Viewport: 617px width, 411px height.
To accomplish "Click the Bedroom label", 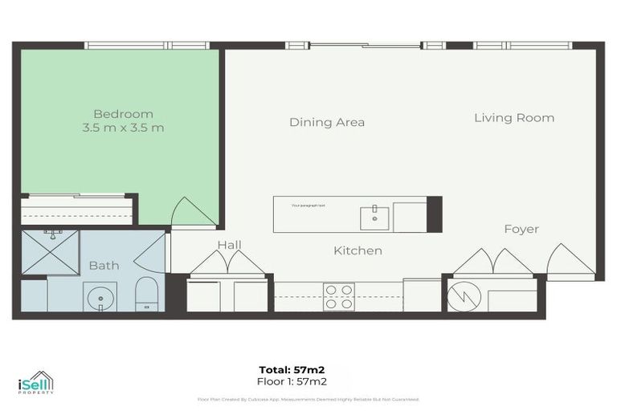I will [123, 114].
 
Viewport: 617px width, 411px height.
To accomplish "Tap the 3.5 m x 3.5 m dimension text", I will [123, 128].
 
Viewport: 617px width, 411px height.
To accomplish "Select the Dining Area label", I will [327, 122].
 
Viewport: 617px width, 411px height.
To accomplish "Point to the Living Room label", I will [513, 118].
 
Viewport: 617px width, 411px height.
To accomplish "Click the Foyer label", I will [521, 230].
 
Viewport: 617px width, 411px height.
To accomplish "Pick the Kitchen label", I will [358, 251].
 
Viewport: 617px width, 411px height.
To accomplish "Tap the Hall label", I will [229, 245].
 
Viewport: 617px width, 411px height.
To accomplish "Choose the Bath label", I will [104, 265].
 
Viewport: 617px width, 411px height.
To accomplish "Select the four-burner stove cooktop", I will [338, 296].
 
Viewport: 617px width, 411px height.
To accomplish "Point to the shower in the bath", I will [50, 250].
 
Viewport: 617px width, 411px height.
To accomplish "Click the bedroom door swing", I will [191, 213].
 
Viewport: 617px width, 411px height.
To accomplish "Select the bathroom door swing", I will [151, 254].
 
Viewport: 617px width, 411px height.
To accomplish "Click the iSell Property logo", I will [35, 383].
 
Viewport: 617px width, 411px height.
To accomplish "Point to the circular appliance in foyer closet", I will [464, 296].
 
